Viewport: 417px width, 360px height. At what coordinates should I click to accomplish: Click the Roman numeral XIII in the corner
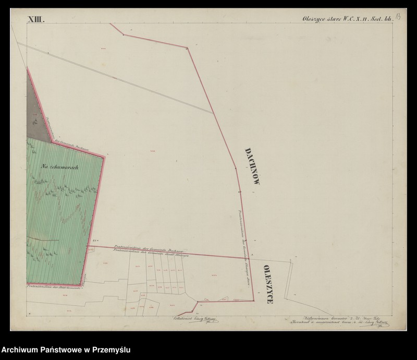[x=36, y=20]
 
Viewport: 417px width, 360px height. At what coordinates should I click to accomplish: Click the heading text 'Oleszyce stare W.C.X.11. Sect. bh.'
[x=347, y=19]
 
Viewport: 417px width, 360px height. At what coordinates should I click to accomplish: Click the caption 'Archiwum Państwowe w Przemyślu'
[x=66, y=350]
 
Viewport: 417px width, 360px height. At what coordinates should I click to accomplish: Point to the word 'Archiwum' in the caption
[x=21, y=350]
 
